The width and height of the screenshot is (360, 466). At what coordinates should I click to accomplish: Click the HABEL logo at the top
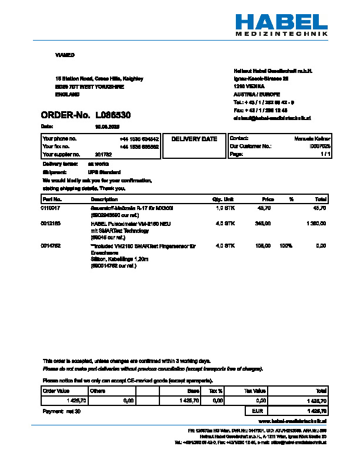(281, 22)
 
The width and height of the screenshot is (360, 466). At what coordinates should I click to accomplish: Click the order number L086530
(113, 115)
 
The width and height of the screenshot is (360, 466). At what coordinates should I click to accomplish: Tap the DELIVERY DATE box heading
(194, 139)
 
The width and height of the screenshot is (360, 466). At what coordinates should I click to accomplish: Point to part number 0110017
(51, 208)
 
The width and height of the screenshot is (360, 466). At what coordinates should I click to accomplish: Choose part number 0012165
(51, 224)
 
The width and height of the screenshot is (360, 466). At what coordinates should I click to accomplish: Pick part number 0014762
(51, 245)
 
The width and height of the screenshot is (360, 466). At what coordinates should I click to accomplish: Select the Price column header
(268, 199)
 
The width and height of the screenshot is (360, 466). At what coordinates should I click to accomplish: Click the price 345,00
(262, 224)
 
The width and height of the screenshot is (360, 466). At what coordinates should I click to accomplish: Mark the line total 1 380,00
(316, 224)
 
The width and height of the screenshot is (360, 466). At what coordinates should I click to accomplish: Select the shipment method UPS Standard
(105, 172)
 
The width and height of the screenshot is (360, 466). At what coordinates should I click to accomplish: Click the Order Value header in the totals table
(56, 391)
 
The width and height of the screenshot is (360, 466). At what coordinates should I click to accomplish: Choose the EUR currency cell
(257, 411)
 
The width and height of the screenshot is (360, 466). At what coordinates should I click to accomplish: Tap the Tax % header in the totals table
(216, 391)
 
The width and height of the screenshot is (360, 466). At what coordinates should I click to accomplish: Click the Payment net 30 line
(62, 411)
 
